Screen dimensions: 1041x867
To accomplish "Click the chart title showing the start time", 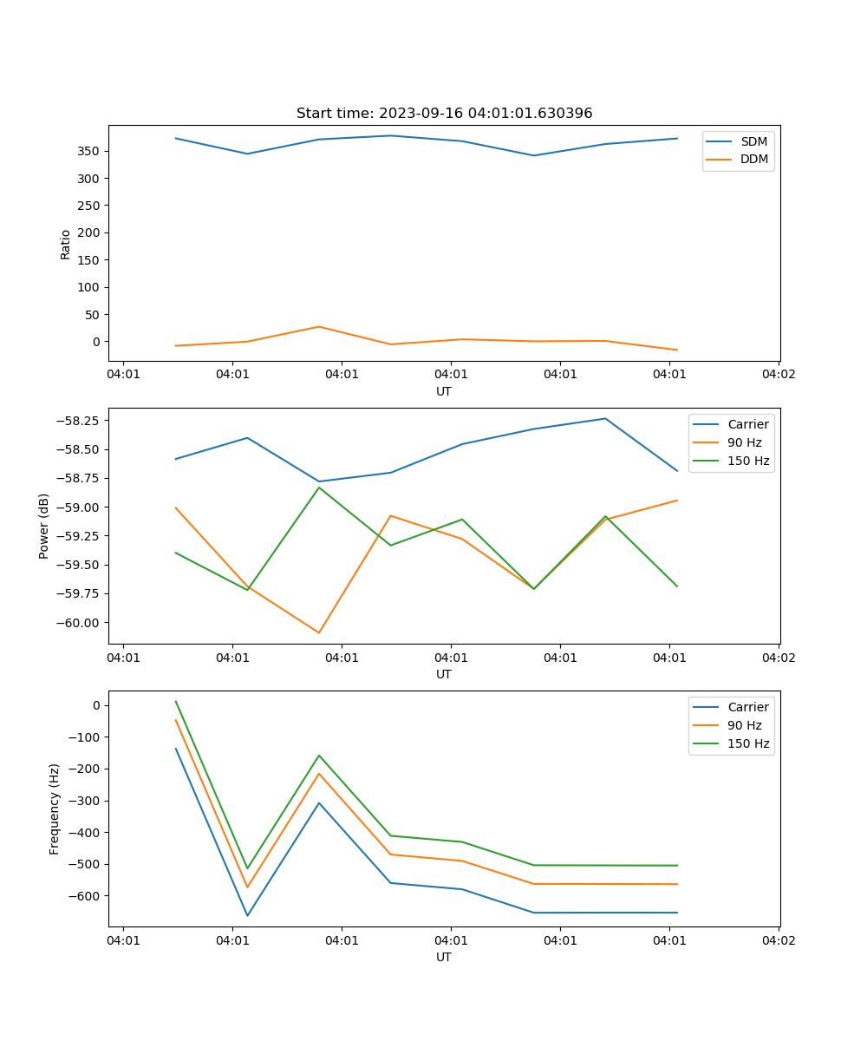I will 444,114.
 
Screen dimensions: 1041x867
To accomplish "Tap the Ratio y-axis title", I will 66,244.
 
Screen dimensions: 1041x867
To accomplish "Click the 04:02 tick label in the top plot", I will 778,375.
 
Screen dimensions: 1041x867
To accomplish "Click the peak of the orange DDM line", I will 319,327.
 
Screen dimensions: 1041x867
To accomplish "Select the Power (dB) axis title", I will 44,526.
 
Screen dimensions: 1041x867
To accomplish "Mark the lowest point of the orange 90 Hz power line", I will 319,632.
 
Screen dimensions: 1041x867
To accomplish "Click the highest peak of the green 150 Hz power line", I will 319,488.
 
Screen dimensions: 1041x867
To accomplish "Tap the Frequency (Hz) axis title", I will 55,809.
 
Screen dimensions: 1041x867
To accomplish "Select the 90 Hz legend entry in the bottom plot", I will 745,725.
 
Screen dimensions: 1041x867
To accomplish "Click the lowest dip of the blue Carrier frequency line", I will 247,915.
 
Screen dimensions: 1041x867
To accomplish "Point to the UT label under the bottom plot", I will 444,957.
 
